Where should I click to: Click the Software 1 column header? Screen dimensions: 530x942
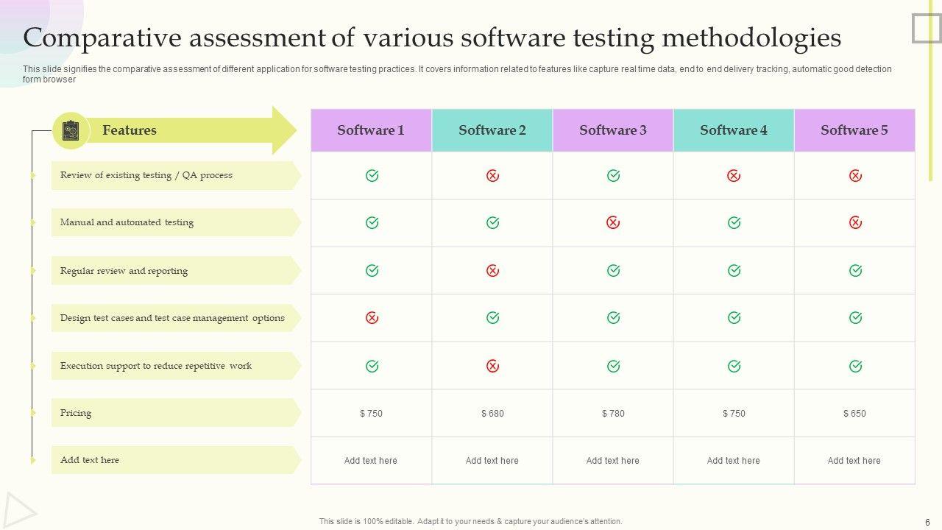click(x=371, y=130)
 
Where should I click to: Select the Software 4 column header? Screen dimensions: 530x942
click(x=734, y=130)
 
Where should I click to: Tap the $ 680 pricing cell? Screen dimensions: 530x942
click(x=492, y=414)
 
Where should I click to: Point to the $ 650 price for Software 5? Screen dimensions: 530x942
click(x=854, y=414)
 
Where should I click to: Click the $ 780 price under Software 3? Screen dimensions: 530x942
click(x=613, y=414)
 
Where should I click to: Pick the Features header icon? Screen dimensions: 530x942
click(x=71, y=130)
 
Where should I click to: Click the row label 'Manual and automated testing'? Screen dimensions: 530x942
click(x=127, y=222)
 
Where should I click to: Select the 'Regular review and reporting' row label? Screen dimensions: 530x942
click(x=124, y=271)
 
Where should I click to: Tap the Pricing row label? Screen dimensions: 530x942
click(x=76, y=413)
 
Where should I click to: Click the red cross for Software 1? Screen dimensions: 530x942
click(x=372, y=318)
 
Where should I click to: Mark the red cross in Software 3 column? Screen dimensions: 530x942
click(x=613, y=222)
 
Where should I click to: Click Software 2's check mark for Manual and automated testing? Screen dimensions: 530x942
click(x=492, y=222)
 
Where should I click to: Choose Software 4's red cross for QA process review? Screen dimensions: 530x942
click(x=734, y=176)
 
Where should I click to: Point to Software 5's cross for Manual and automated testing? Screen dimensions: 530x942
click(x=855, y=222)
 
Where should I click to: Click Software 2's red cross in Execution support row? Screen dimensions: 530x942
click(x=492, y=366)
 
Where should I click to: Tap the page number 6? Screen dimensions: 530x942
click(x=927, y=522)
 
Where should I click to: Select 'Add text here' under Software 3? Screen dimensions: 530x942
click(x=613, y=461)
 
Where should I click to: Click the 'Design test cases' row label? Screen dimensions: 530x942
click(x=172, y=318)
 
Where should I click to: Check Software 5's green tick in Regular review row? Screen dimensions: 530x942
click(x=855, y=271)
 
